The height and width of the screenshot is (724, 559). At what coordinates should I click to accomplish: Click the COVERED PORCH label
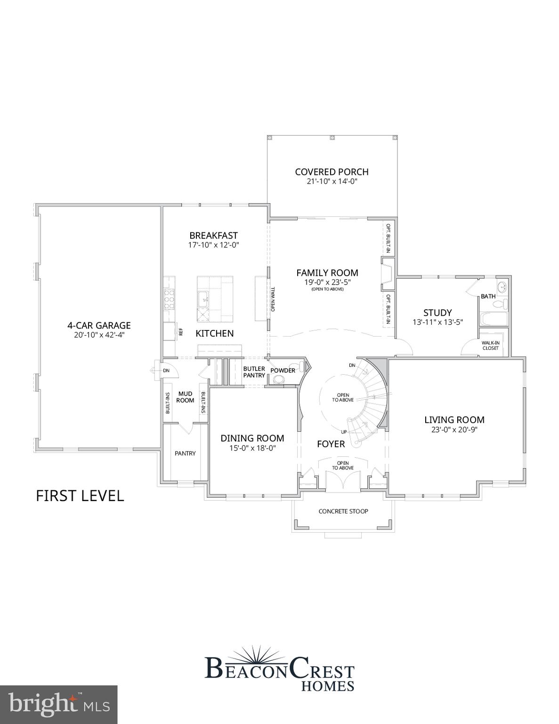coord(332,172)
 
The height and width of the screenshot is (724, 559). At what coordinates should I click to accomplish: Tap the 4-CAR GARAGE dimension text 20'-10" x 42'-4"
coord(99,335)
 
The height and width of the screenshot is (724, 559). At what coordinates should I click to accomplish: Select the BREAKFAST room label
coord(213,235)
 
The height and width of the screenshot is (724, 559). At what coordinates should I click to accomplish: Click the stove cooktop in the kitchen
coord(168,299)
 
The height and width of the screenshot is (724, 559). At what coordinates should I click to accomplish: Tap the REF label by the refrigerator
coord(180,331)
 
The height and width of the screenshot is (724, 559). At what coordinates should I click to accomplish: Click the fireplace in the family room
coord(387,274)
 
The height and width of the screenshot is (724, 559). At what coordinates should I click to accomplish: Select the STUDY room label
coord(437,313)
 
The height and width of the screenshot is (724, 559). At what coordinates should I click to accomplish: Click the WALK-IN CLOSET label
coord(490,346)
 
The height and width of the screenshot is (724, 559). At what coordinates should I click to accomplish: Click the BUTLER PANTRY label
coord(254,372)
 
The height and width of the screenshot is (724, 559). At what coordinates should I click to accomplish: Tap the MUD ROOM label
coord(185,397)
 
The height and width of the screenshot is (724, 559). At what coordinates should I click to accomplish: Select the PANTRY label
coord(185,453)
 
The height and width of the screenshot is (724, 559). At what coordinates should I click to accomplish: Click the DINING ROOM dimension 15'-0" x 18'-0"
coord(252,448)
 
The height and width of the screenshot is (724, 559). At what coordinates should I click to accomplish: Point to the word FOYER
coord(331,444)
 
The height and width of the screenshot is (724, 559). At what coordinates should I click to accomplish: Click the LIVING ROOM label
coord(454,420)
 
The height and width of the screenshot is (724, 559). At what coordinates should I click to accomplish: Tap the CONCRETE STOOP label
coord(343,511)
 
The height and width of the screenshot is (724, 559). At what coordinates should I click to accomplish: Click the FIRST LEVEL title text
coord(80,496)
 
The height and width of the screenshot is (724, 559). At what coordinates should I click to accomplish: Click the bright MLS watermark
coord(58,705)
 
